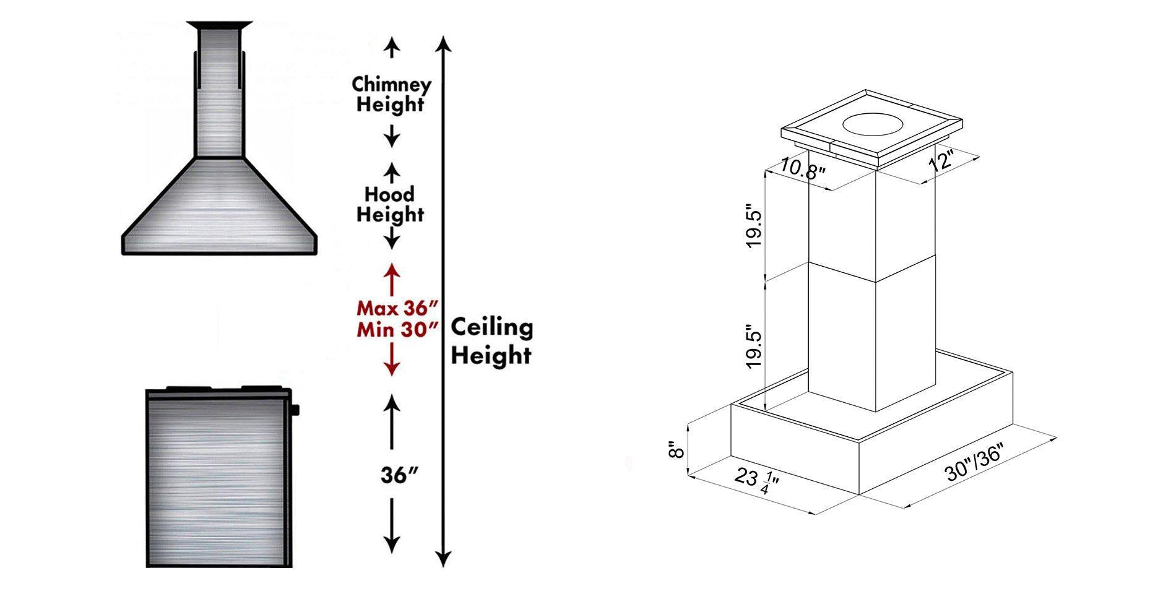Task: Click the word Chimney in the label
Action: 391,84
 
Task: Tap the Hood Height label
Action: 390,204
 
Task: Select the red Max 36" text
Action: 397,308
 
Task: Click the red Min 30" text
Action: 397,329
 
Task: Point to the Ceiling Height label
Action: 491,341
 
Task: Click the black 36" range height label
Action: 399,475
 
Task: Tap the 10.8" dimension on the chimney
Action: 803,168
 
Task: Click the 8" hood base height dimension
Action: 677,449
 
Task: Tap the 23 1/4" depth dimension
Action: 756,481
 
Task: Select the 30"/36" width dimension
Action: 973,464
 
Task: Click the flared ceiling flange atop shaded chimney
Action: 220,25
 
